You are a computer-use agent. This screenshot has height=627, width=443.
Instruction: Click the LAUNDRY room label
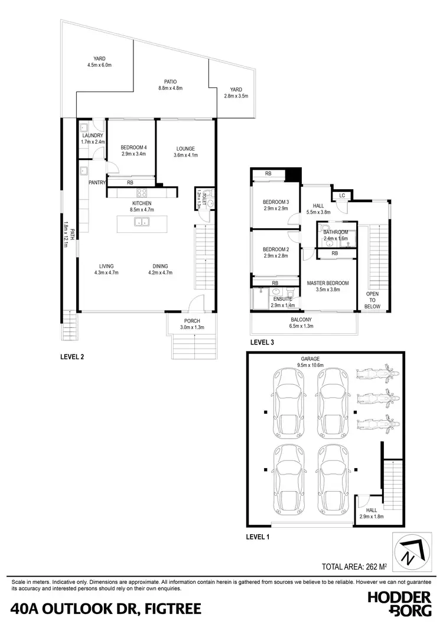(92, 135)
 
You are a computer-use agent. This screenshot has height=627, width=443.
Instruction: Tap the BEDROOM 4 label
(133, 147)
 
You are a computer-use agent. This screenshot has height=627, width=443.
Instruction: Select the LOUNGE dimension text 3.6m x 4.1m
(185, 155)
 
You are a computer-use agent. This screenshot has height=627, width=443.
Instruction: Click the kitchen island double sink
(142, 222)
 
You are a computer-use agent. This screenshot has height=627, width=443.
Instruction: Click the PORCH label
(191, 321)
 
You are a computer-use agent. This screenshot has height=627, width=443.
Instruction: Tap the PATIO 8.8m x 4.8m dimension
(171, 88)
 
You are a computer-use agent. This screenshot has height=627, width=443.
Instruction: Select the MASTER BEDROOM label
(328, 283)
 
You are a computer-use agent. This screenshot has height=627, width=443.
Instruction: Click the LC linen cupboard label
(342, 196)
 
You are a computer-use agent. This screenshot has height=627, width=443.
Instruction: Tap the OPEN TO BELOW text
(372, 300)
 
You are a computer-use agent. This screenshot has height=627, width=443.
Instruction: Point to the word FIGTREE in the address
(166, 608)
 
